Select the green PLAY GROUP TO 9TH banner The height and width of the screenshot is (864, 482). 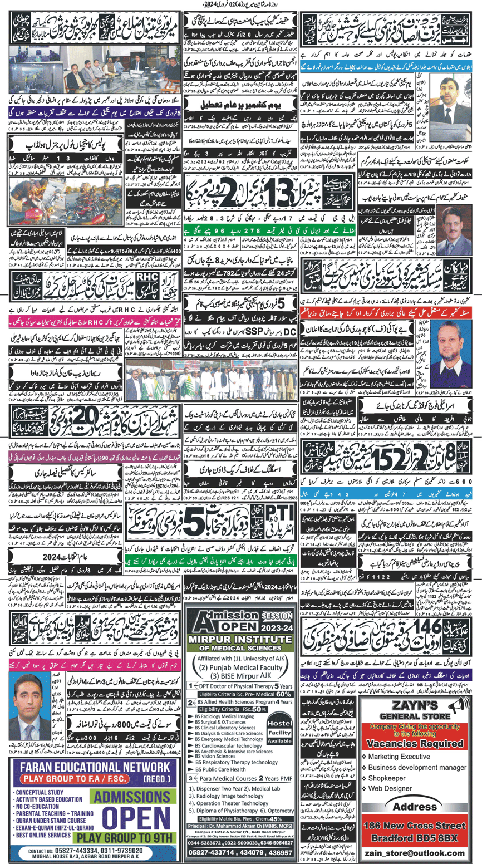tap(129, 836)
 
